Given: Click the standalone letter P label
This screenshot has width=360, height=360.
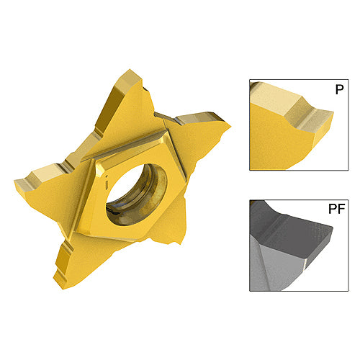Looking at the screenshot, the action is pyautogui.click(x=339, y=89).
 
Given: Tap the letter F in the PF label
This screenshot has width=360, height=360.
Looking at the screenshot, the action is pyautogui.click(x=341, y=209).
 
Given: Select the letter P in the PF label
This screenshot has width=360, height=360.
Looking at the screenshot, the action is pyautogui.click(x=333, y=209).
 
